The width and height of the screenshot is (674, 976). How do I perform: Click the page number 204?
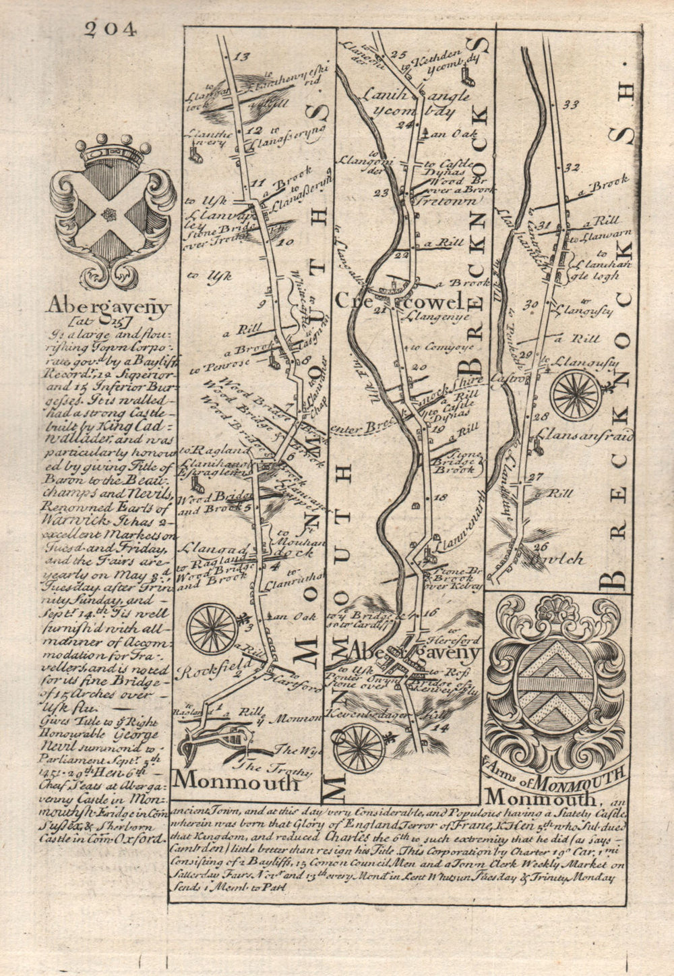coord(111,29)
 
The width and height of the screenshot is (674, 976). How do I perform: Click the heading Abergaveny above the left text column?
coord(108,306)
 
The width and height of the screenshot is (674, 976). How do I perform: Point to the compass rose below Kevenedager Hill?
coord(359,747)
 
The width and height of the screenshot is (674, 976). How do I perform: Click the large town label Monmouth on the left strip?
coord(236,781)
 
